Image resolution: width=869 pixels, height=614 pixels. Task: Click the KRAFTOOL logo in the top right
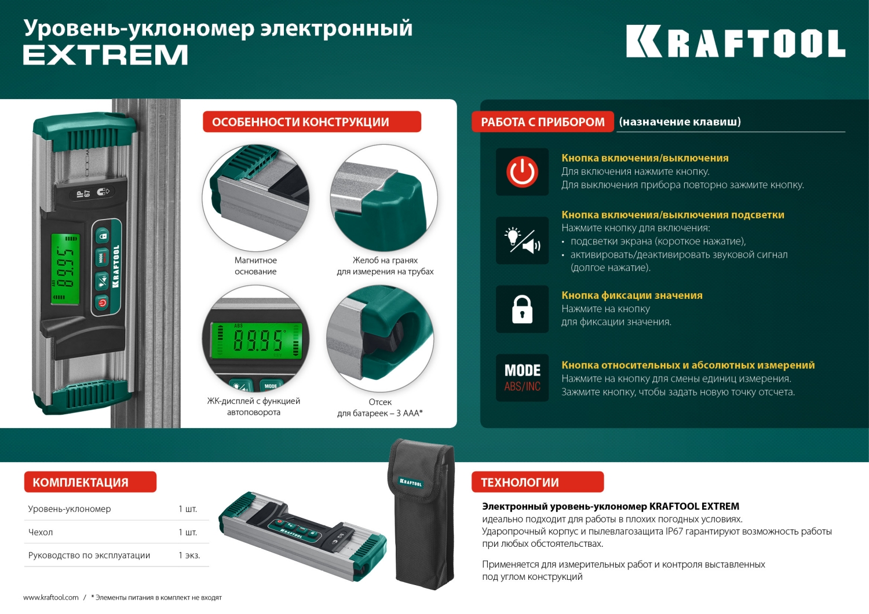[735, 42]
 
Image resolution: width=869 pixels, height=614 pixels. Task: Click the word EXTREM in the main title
[105, 56]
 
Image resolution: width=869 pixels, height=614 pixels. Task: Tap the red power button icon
[522, 172]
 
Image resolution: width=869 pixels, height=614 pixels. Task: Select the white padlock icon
[522, 309]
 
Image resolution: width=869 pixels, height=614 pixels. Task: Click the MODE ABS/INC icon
[522, 378]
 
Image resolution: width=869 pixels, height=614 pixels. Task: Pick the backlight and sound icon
[522, 240]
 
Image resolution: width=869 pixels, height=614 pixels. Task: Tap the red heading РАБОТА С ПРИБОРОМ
[542, 122]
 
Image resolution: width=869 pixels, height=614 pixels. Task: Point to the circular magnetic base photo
[255, 198]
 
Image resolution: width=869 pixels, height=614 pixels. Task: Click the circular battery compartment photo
[380, 339]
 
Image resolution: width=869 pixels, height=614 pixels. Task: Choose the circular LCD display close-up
[255, 339]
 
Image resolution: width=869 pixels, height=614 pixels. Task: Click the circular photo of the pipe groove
[384, 198]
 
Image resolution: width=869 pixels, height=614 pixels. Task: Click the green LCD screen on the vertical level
[65, 268]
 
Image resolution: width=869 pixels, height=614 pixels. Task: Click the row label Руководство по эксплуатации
[89, 555]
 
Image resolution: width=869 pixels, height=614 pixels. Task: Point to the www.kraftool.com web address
[51, 598]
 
